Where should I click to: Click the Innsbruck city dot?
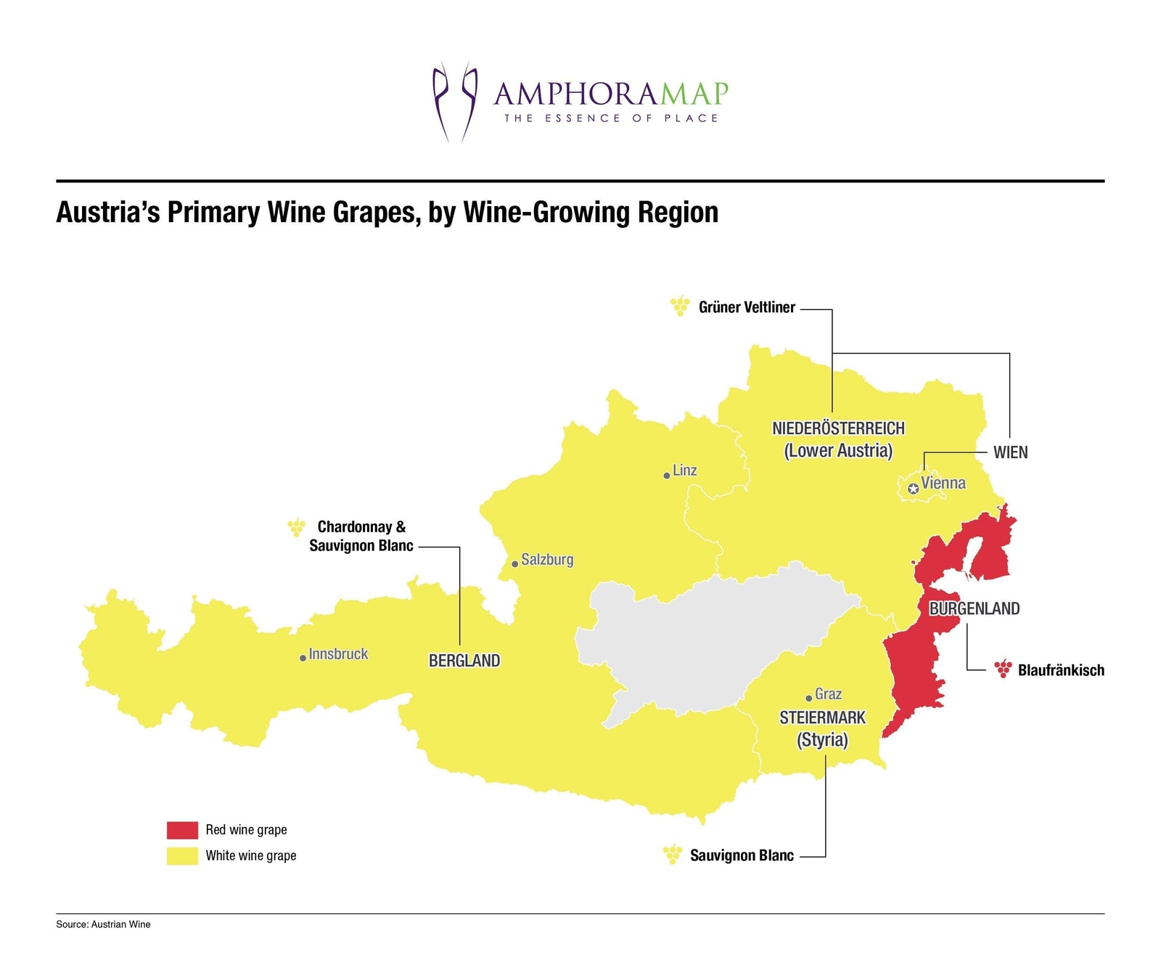pos(303,658)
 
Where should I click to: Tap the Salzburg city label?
pos(547,560)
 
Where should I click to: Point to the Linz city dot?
pos(666,476)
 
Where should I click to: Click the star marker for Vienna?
pos(914,489)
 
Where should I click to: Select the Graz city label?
pos(828,694)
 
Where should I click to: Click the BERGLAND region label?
pos(464,661)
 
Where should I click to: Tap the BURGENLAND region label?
pos(974,608)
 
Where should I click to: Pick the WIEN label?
pos(1010,452)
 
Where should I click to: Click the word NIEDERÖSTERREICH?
pos(838,428)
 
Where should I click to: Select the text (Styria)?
pos(822,740)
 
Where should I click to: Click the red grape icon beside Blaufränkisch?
pos(1003,669)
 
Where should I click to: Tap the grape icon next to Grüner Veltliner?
pos(680,306)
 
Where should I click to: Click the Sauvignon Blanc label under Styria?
pos(742,855)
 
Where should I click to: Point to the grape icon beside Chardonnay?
pos(296,527)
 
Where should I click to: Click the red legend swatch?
pos(182,830)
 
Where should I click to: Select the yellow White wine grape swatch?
pos(182,855)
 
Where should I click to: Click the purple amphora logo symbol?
pos(455,102)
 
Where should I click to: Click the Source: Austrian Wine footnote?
pos(103,924)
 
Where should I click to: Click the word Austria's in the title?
pos(108,212)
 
